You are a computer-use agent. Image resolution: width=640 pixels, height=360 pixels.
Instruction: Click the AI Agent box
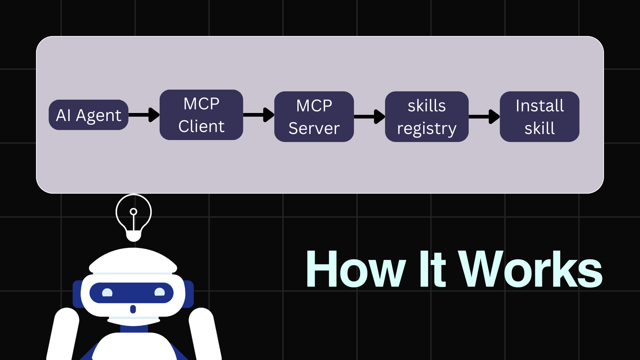click(x=88, y=115)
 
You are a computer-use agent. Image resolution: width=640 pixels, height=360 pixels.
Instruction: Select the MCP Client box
click(x=201, y=115)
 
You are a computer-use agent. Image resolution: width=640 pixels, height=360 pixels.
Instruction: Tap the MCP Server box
click(x=314, y=117)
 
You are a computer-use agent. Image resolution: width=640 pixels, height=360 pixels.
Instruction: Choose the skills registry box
click(x=426, y=117)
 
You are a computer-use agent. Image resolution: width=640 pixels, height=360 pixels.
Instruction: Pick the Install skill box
click(x=539, y=117)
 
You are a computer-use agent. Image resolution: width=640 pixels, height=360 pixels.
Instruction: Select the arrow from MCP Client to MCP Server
click(x=259, y=115)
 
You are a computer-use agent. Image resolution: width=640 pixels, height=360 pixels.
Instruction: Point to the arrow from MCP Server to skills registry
click(x=369, y=116)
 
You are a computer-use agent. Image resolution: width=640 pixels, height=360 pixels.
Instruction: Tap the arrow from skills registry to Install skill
click(x=484, y=116)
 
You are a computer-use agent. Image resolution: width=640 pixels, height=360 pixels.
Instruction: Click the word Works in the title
click(x=530, y=269)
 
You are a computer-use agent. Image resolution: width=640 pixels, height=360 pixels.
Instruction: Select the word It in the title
click(x=432, y=269)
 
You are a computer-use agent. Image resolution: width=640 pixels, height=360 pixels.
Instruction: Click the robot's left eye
click(x=107, y=293)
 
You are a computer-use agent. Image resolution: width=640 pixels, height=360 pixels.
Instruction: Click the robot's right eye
click(x=160, y=292)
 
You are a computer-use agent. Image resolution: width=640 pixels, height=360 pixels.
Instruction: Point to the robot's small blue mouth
click(x=133, y=309)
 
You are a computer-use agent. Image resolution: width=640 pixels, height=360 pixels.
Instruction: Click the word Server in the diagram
click(x=314, y=128)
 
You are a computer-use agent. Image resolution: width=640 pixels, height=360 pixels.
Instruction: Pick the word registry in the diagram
click(x=426, y=129)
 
